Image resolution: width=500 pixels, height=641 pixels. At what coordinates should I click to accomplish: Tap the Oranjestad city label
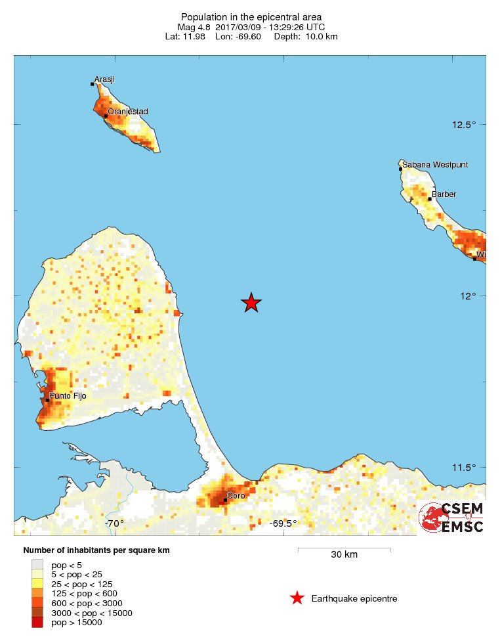click(128, 112)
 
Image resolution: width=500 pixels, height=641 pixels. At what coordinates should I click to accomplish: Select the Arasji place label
click(105, 79)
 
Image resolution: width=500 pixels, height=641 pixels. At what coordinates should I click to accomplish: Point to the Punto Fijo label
click(68, 396)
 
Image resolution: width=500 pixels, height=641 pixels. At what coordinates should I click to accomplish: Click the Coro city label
click(236, 496)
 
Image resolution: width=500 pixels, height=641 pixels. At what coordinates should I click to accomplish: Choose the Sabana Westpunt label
click(435, 165)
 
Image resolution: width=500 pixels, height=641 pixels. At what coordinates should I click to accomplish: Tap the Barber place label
click(444, 194)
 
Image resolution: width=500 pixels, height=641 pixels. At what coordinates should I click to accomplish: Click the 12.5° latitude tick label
click(464, 125)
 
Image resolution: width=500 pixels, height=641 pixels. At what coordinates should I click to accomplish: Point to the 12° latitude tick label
click(468, 296)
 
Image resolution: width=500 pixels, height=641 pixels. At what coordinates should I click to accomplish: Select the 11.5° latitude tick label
click(464, 468)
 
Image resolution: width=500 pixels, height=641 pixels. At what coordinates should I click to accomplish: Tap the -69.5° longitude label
click(283, 523)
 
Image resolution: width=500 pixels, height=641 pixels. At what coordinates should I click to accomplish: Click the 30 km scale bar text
click(344, 555)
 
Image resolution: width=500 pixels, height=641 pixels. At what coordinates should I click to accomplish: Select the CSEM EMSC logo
click(452, 518)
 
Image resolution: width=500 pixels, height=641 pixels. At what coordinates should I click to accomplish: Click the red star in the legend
click(297, 598)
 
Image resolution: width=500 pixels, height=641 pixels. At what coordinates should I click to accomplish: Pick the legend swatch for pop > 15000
click(37, 623)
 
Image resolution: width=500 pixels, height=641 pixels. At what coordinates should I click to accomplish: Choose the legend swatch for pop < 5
click(37, 564)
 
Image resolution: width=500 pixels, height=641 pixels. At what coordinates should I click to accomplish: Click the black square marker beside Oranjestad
click(106, 116)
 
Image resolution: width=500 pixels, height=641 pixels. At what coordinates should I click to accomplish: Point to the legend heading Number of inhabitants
click(96, 550)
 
